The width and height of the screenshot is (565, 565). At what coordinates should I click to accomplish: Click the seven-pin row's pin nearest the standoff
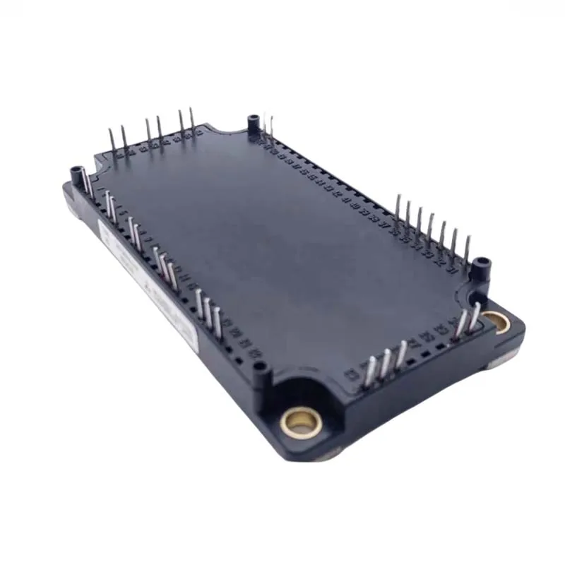point(465,251)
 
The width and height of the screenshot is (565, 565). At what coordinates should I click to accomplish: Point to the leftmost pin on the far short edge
point(112,141)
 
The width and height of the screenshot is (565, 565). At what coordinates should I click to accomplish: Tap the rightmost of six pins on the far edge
point(191,121)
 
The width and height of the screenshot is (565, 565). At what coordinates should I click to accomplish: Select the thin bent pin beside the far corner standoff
point(267,127)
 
